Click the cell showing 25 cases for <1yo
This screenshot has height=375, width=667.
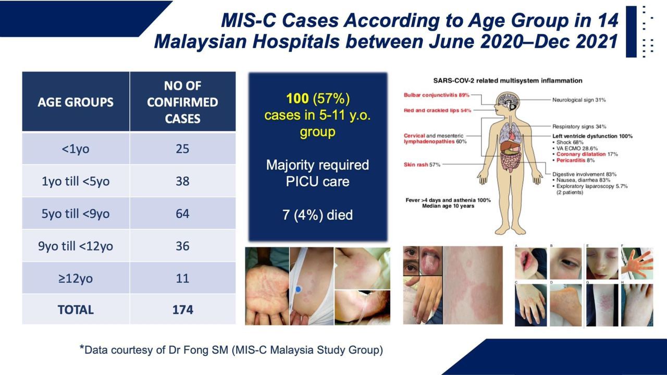[182, 149]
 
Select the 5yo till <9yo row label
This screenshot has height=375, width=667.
[76, 214]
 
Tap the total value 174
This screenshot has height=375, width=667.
[182, 309]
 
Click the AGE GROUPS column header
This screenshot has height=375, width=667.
[76, 102]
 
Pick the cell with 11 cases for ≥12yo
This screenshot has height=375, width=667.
[182, 278]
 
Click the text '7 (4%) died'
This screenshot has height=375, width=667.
[317, 215]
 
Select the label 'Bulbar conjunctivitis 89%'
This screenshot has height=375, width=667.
[437, 95]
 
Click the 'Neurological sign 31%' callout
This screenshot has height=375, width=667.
[579, 99]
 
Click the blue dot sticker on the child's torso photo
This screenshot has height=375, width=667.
[298, 289]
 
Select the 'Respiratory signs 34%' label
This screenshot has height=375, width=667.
[579, 127]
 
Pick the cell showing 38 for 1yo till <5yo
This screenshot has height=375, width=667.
[182, 181]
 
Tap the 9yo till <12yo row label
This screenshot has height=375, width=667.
[76, 246]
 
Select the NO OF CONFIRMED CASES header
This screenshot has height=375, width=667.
[182, 102]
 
